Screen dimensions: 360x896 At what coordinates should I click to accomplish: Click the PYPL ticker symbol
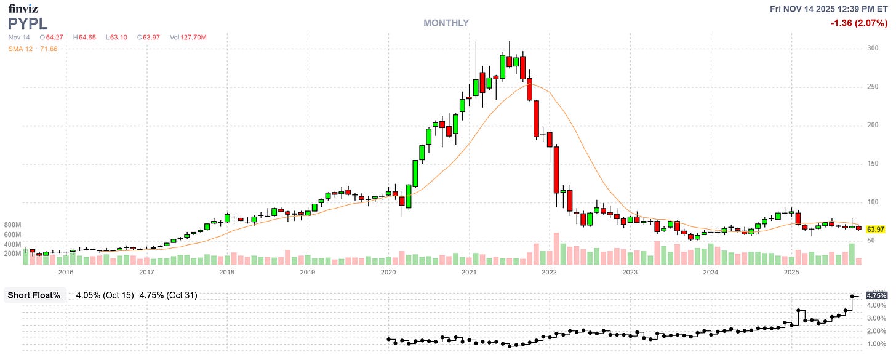click(x=28, y=23)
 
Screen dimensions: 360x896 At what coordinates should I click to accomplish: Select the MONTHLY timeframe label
click(x=446, y=23)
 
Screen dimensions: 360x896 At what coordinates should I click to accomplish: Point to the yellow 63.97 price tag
click(x=875, y=229)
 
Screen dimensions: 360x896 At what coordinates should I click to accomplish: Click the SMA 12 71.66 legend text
click(x=33, y=49)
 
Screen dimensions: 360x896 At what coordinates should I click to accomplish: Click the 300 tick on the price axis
click(x=873, y=48)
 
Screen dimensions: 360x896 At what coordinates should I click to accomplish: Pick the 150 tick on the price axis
click(x=873, y=164)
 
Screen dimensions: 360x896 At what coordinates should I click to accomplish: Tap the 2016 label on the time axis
click(x=65, y=272)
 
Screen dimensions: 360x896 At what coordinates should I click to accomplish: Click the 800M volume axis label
click(x=12, y=225)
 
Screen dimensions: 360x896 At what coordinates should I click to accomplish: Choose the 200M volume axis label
click(x=12, y=254)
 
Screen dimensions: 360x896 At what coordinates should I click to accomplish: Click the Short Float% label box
click(x=34, y=295)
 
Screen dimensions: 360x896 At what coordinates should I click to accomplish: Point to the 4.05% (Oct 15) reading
click(x=105, y=295)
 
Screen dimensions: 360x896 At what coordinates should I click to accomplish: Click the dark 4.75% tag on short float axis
click(x=876, y=295)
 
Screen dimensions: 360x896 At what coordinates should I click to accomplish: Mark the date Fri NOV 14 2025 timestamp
click(x=828, y=9)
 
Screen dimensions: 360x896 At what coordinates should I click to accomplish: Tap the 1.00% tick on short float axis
click(x=876, y=343)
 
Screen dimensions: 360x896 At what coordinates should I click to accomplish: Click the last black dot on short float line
click(x=853, y=296)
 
